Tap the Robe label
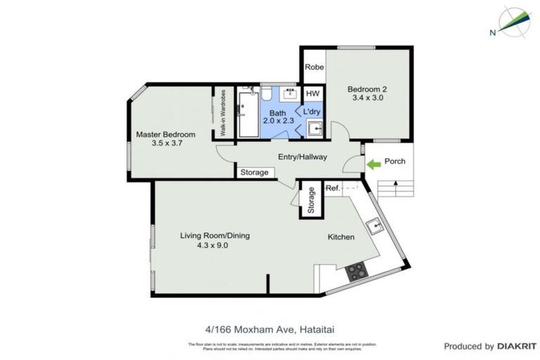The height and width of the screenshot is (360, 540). (x=314, y=68)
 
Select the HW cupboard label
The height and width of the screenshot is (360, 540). (x=313, y=94)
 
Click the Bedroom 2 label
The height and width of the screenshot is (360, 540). (x=368, y=94)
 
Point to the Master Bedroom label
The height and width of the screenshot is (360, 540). (x=166, y=139)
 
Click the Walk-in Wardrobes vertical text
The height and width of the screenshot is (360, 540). (x=223, y=112)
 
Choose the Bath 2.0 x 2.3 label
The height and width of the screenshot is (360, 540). (x=278, y=116)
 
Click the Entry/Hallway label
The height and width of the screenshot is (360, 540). (x=302, y=157)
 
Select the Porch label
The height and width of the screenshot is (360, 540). (x=395, y=162)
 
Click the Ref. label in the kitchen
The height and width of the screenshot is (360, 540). (x=333, y=188)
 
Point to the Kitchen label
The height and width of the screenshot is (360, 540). (x=341, y=237)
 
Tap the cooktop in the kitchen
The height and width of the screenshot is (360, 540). (x=356, y=269)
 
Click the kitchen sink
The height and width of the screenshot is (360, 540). (x=375, y=225)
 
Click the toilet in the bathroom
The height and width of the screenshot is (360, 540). (x=267, y=96)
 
